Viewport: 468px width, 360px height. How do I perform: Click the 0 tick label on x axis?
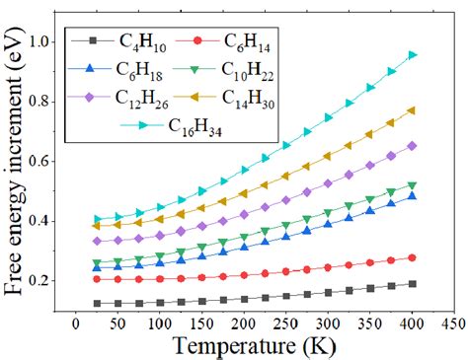75,323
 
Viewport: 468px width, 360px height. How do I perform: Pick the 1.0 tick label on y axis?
41,42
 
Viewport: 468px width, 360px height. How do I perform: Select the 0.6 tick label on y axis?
41,162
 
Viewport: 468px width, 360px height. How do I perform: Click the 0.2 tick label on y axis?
41,281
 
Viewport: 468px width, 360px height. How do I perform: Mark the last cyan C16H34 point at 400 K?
413,55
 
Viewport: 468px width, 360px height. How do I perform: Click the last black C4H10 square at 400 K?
413,284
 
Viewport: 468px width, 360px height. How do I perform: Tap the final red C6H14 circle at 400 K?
413,257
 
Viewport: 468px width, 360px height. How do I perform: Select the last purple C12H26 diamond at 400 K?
413,146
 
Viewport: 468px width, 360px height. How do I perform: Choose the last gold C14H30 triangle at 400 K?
413,110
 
